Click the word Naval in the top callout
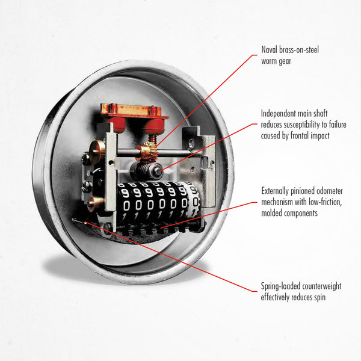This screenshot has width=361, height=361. pos(269,49)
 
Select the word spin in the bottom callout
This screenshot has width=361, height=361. pos(320,297)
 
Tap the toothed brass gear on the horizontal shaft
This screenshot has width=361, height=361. pos(146,151)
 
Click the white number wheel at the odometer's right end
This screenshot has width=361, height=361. pos(193,199)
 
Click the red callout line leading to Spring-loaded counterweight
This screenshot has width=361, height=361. pos(171,257)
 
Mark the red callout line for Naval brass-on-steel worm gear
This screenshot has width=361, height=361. pos(206,100)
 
